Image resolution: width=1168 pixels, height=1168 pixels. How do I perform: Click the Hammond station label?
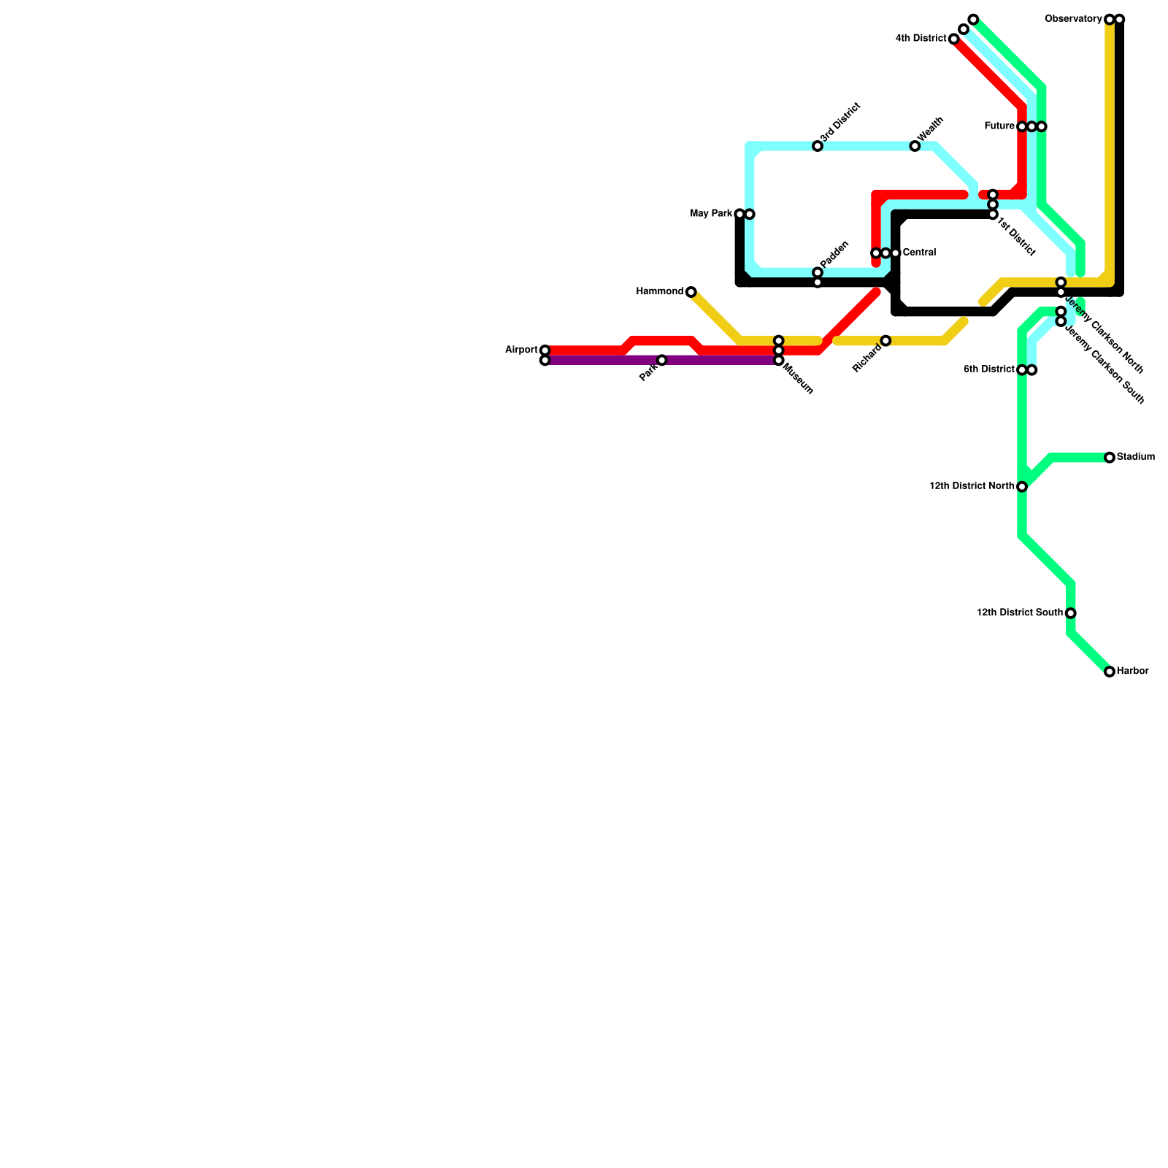click(x=659, y=292)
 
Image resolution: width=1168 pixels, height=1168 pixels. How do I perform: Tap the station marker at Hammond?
click(x=691, y=292)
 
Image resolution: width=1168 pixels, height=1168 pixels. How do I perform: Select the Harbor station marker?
click(x=1110, y=672)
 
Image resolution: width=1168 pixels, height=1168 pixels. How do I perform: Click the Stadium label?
click(x=1136, y=458)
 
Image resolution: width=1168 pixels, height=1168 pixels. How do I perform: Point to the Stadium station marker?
click(x=1110, y=458)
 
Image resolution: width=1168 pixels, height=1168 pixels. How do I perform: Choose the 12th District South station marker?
click(x=1070, y=613)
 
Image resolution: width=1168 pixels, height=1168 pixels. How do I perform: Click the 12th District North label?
click(x=972, y=486)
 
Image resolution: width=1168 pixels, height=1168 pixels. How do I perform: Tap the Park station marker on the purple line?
click(x=661, y=360)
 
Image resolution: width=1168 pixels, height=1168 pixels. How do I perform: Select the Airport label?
click(x=521, y=350)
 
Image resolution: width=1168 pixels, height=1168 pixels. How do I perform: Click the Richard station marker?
click(x=885, y=341)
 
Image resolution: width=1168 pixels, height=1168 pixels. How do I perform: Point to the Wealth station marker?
click(x=915, y=147)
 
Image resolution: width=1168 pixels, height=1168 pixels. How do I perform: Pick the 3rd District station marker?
click(x=818, y=147)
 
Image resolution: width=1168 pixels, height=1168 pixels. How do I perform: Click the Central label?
click(x=919, y=253)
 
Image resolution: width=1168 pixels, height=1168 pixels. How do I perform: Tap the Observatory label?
click(x=1073, y=19)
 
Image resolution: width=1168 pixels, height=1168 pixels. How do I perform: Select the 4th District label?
click(x=921, y=39)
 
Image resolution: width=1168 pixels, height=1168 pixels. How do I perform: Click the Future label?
click(x=999, y=126)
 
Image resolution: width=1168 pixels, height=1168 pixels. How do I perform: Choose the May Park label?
click(x=711, y=214)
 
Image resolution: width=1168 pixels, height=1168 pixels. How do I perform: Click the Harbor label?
click(x=1133, y=672)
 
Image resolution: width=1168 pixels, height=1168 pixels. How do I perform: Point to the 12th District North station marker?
click(x=1022, y=486)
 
